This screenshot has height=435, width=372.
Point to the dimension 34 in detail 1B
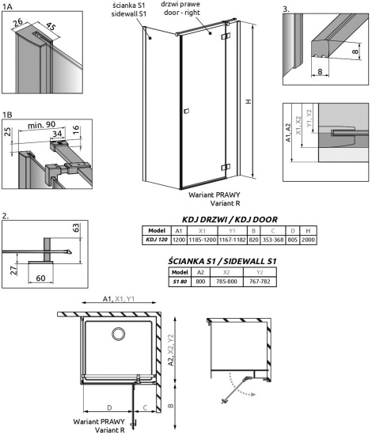coord(56,134)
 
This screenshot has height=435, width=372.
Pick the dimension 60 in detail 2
coord(42,278)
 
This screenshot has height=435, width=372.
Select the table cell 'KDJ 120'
coord(156,240)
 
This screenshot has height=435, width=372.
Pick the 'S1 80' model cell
coord(179,281)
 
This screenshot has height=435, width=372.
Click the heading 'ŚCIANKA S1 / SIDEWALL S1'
coord(228,260)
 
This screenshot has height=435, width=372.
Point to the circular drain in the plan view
coord(119,335)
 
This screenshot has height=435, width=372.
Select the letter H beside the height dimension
coord(250,102)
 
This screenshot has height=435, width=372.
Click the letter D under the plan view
coord(106,408)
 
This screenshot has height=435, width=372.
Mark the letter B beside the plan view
coord(171,409)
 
